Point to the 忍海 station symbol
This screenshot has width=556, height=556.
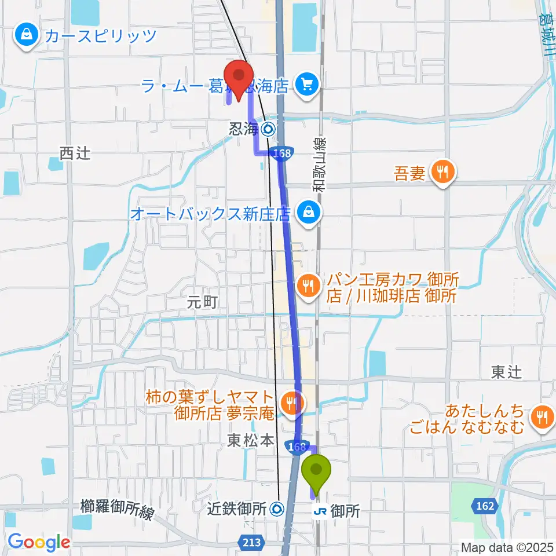pyautogui.click(x=269, y=129)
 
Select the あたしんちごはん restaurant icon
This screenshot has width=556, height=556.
pyautogui.click(x=542, y=415)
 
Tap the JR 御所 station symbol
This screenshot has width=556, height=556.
pyautogui.click(x=319, y=511)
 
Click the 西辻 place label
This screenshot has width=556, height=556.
pyautogui.click(x=75, y=153)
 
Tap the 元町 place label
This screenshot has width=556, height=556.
pyautogui.click(x=202, y=302)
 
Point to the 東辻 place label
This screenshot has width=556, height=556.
pyautogui.click(x=506, y=372)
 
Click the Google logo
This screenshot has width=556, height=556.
pyautogui.click(x=38, y=542)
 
